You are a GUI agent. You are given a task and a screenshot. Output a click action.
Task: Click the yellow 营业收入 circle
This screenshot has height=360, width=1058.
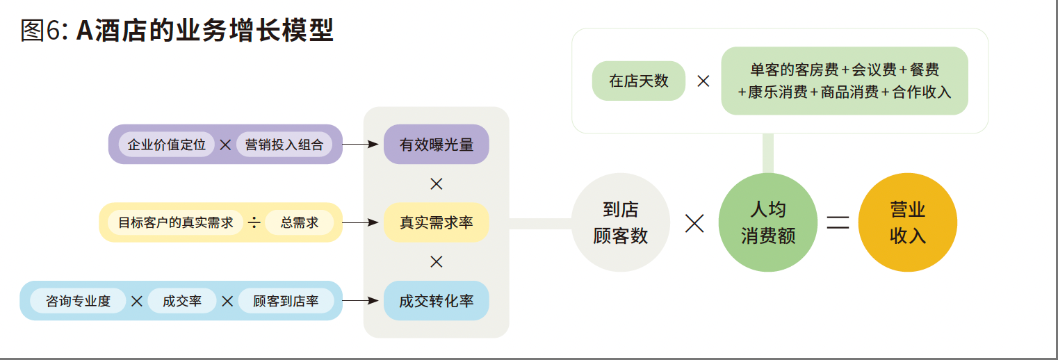907,222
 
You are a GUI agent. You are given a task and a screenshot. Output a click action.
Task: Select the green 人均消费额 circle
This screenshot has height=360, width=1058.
768,222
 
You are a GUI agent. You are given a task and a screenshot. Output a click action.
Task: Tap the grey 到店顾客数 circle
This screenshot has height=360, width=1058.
621,222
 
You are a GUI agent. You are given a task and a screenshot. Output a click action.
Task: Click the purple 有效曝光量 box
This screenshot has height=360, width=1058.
437,144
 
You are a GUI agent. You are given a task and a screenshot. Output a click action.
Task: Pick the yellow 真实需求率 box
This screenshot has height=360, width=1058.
437,222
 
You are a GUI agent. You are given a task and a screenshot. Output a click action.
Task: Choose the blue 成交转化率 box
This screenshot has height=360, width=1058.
437,301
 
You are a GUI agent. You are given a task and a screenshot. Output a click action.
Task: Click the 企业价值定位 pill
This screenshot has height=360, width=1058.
166,144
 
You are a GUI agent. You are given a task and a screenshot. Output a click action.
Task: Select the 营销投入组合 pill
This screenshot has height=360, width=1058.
284,144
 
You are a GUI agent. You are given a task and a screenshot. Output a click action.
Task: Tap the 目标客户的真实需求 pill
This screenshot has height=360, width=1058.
175,222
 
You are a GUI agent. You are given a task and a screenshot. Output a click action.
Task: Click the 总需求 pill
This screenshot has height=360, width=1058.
300,222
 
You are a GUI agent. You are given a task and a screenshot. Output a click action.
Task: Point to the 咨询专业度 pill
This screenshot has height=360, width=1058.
78,301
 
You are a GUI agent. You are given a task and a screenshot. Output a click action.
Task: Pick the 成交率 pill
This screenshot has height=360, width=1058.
182,301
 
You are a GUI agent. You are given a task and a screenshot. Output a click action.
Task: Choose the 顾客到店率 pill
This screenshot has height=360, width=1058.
286,301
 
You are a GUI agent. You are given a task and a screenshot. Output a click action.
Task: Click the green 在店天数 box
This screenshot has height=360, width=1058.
639,81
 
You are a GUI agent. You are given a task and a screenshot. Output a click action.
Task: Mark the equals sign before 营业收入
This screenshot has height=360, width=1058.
838,222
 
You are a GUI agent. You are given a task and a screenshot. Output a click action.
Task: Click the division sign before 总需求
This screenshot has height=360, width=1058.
254,222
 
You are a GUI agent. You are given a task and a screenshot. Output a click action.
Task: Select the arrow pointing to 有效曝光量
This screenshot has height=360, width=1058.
360,144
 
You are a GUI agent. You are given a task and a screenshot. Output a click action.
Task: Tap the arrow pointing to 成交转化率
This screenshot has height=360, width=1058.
360,301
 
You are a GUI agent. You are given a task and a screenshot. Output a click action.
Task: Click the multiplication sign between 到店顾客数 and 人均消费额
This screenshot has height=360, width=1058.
694,223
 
